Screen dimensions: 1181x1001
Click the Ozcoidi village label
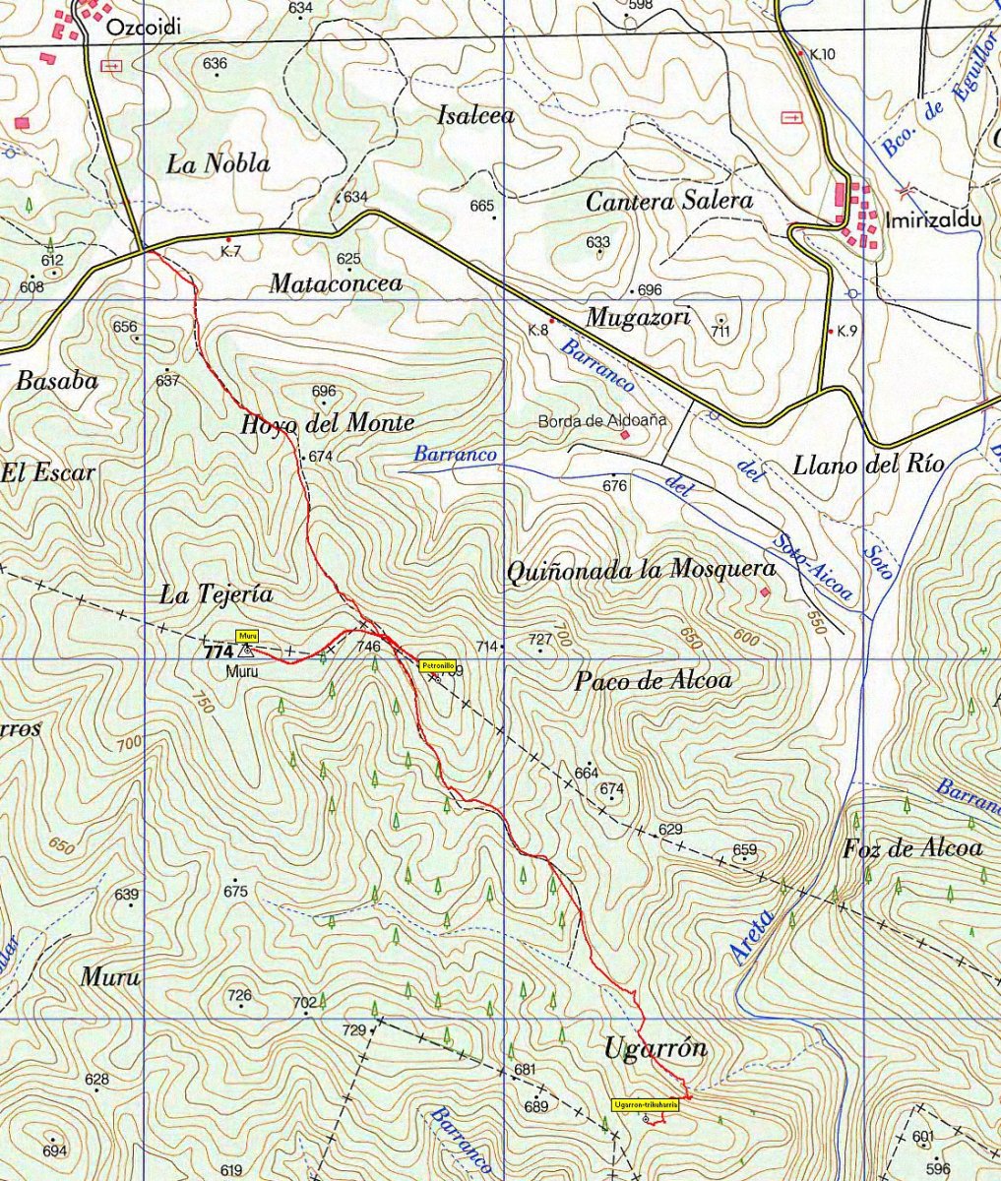(144, 28)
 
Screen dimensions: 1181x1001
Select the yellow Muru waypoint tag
(246, 636)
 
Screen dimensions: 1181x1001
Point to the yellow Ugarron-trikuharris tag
(646, 1104)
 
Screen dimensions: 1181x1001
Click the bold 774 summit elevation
(218, 652)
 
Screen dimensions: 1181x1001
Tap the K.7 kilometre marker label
(230, 252)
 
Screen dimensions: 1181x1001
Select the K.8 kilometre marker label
(537, 330)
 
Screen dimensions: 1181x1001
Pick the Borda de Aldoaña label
(601, 420)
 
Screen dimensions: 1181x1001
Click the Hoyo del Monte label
(327, 424)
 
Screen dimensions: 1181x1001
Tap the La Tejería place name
(216, 594)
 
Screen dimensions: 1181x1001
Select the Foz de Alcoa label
(912, 848)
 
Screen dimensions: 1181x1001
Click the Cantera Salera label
(668, 202)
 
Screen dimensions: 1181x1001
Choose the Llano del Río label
(868, 465)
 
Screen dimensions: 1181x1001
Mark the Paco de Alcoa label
(654, 681)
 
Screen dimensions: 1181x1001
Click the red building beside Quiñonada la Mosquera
(765, 591)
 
